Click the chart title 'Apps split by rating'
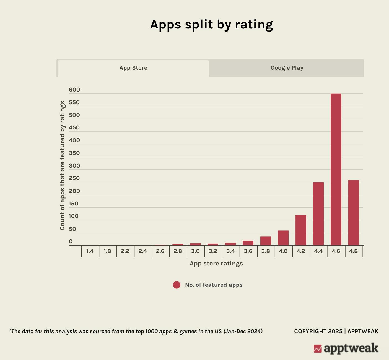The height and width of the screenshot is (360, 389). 212,25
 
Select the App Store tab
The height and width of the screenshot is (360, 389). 133,68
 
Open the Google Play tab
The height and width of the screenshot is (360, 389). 287,68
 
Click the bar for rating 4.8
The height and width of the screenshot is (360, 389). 353,213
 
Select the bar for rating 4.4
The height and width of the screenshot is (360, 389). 318,214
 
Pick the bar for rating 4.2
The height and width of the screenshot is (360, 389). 301,230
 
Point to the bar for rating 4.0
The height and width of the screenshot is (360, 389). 283,238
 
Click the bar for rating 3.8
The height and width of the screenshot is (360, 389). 266,241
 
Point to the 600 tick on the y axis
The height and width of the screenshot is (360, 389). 74,90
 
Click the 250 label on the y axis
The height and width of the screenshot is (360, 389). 74,178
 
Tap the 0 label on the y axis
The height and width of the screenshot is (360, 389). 71,242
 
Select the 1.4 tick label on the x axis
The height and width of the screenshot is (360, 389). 90,251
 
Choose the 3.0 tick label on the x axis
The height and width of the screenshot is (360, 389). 195,251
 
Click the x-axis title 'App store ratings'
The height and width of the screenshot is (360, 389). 216,264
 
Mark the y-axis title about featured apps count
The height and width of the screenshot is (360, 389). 62,166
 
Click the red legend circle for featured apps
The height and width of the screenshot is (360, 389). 177,285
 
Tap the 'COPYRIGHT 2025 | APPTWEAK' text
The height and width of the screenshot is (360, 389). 336,331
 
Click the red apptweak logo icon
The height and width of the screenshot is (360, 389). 318,349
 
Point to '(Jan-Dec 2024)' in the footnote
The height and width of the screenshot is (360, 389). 243,331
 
